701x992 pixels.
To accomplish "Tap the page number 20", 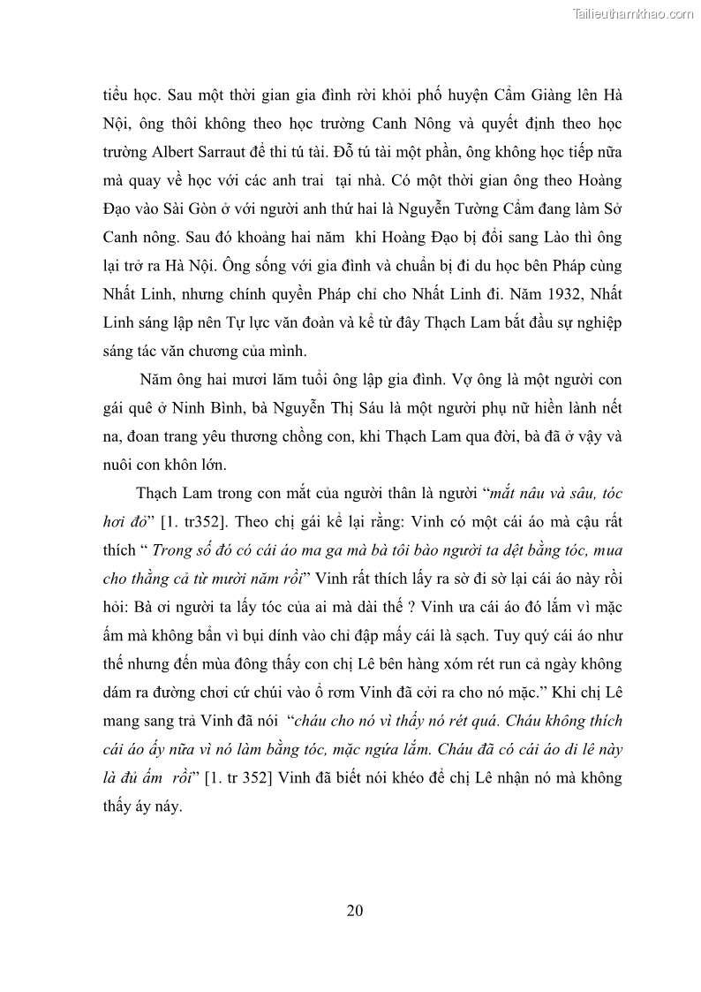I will pyautogui.click(x=354, y=910).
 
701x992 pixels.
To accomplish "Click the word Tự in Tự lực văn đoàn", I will pyautogui.click(x=233, y=322).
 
